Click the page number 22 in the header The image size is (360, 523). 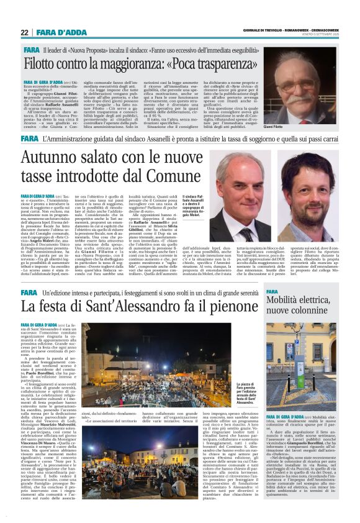point(25,32)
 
